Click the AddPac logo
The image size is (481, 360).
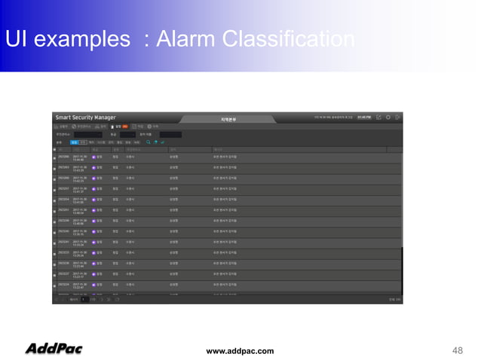(54, 349)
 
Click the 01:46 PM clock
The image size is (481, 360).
(364, 117)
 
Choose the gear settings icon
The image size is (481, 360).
(389, 117)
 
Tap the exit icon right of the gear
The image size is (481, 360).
(399, 117)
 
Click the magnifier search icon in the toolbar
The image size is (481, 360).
(148, 141)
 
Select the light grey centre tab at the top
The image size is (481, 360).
(228, 119)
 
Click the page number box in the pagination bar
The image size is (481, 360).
(84, 300)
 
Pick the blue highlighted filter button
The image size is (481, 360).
(74, 141)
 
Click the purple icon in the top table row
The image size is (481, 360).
(93, 157)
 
